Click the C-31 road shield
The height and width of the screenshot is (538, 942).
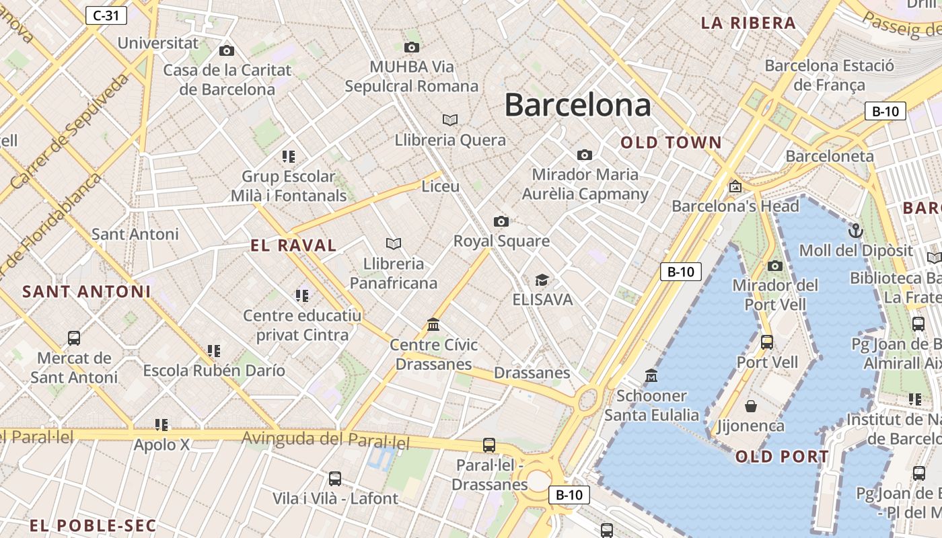click(x=106, y=15)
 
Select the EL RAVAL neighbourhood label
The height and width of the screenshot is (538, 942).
click(x=293, y=245)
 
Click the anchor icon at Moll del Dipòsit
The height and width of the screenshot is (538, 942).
click(x=856, y=231)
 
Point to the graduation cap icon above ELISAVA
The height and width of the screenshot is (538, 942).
click(x=542, y=280)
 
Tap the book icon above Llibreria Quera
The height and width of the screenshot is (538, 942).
click(x=450, y=120)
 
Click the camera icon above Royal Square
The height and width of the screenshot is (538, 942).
click(x=501, y=221)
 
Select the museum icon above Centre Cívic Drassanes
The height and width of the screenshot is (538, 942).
click(x=434, y=325)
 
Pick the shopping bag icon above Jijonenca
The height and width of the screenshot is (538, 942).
click(x=751, y=406)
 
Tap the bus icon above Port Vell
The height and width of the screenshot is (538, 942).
click(x=767, y=342)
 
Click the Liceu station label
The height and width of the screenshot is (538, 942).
click(x=440, y=186)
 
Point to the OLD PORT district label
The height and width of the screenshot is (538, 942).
click(x=782, y=457)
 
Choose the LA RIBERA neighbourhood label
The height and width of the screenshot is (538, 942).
click(x=748, y=23)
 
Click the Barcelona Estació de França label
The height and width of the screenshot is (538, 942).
click(x=829, y=75)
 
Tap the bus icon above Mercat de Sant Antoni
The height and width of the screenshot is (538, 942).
click(x=74, y=338)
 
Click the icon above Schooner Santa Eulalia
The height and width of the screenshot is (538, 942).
click(x=651, y=375)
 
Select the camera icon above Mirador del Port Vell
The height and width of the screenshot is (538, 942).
click(x=775, y=266)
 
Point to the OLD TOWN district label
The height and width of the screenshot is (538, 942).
click(x=671, y=143)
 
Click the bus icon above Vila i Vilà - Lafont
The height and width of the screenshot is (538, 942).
click(x=335, y=479)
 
